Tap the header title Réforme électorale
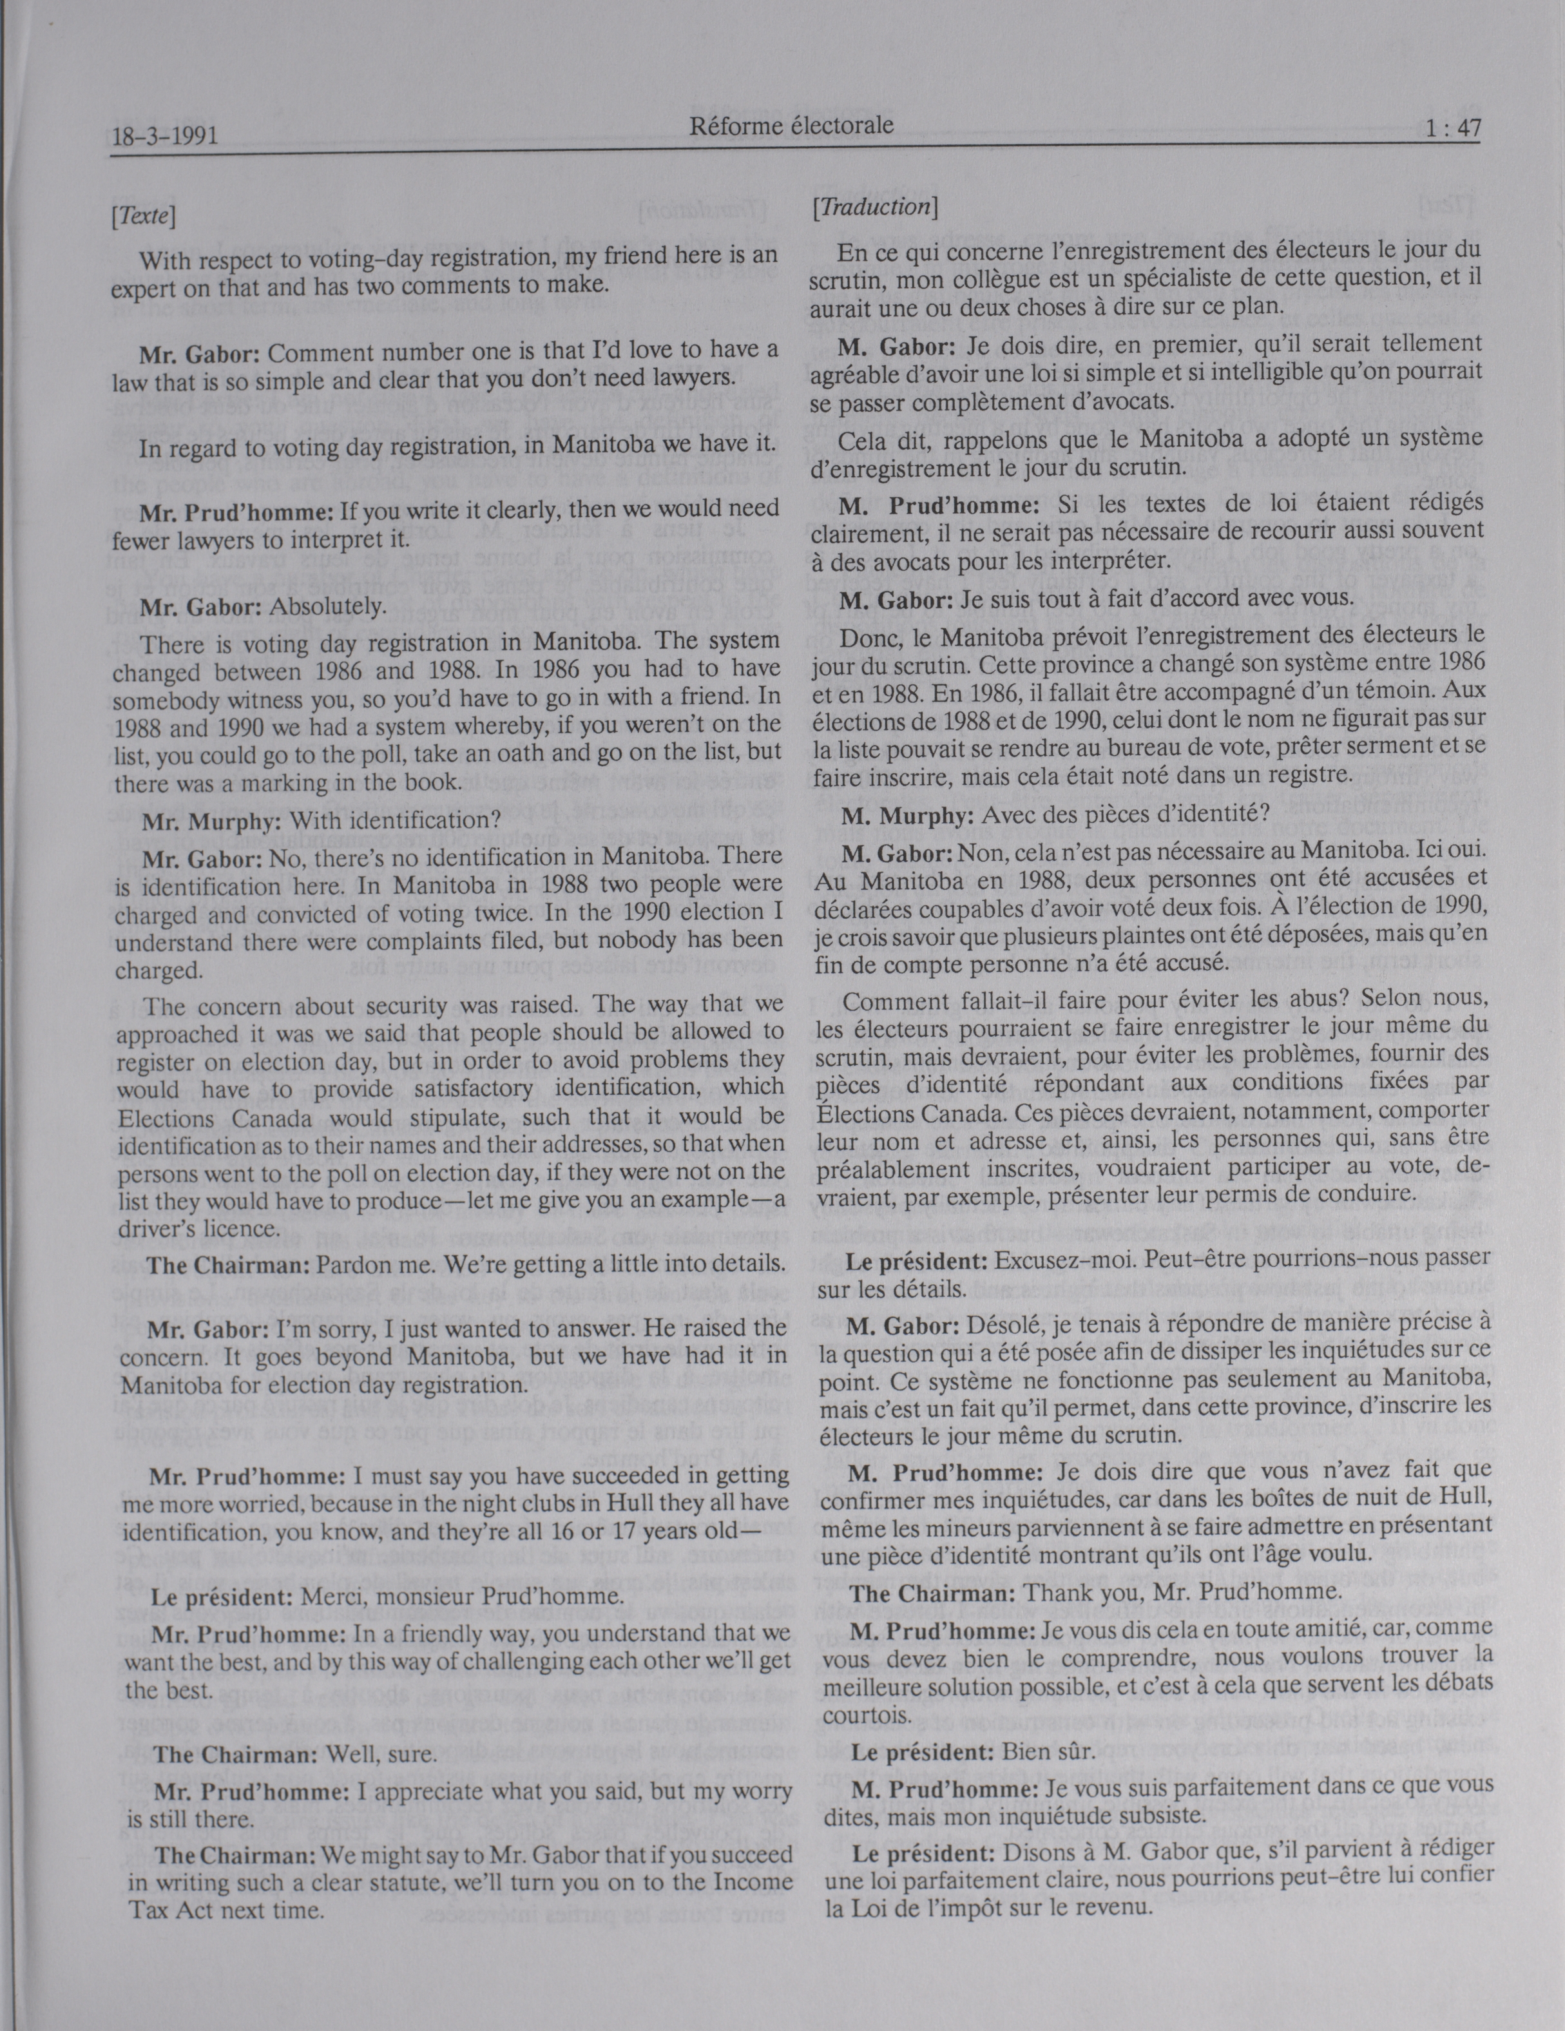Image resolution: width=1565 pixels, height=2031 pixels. point(791,126)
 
